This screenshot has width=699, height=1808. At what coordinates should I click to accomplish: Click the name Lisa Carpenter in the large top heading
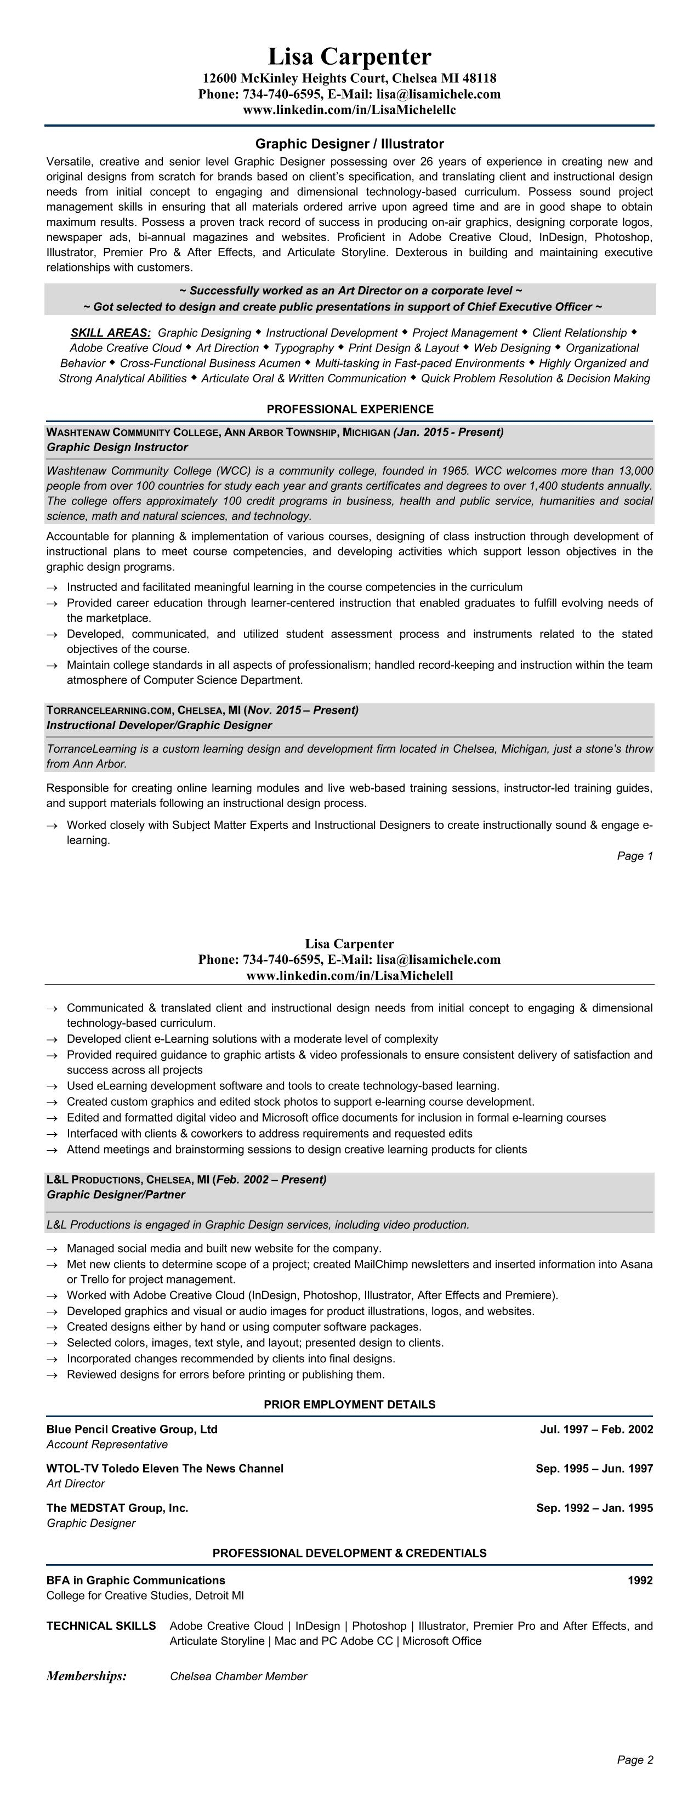[350, 56]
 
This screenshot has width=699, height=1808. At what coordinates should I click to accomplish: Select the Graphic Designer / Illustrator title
[350, 144]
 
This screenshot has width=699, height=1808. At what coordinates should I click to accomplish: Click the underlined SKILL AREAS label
[110, 333]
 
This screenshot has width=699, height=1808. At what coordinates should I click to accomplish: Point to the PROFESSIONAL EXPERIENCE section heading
[350, 409]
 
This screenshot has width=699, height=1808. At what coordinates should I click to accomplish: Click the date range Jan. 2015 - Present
[448, 431]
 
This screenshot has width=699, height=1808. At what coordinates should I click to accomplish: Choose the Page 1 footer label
[634, 856]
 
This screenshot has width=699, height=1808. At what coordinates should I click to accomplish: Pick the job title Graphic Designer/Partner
[116, 1195]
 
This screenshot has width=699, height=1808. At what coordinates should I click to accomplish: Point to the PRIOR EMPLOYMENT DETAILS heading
[350, 1405]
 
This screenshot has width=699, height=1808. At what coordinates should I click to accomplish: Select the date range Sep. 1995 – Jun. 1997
[594, 1468]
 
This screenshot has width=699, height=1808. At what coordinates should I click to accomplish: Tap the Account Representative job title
[107, 1445]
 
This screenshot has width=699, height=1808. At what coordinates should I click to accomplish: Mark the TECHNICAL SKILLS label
[101, 1625]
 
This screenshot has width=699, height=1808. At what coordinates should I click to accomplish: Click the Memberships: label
[86, 1676]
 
